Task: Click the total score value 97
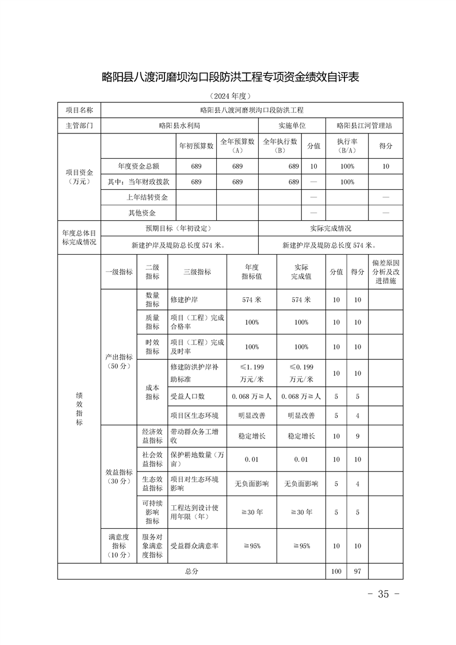(x=357, y=571)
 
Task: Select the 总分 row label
(x=191, y=571)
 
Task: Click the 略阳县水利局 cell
(x=179, y=125)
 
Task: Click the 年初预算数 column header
(x=196, y=146)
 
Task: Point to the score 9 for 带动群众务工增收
(x=357, y=436)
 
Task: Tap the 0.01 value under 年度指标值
(x=252, y=459)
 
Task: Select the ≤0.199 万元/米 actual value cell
(x=301, y=373)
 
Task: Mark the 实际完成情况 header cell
(x=330, y=228)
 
